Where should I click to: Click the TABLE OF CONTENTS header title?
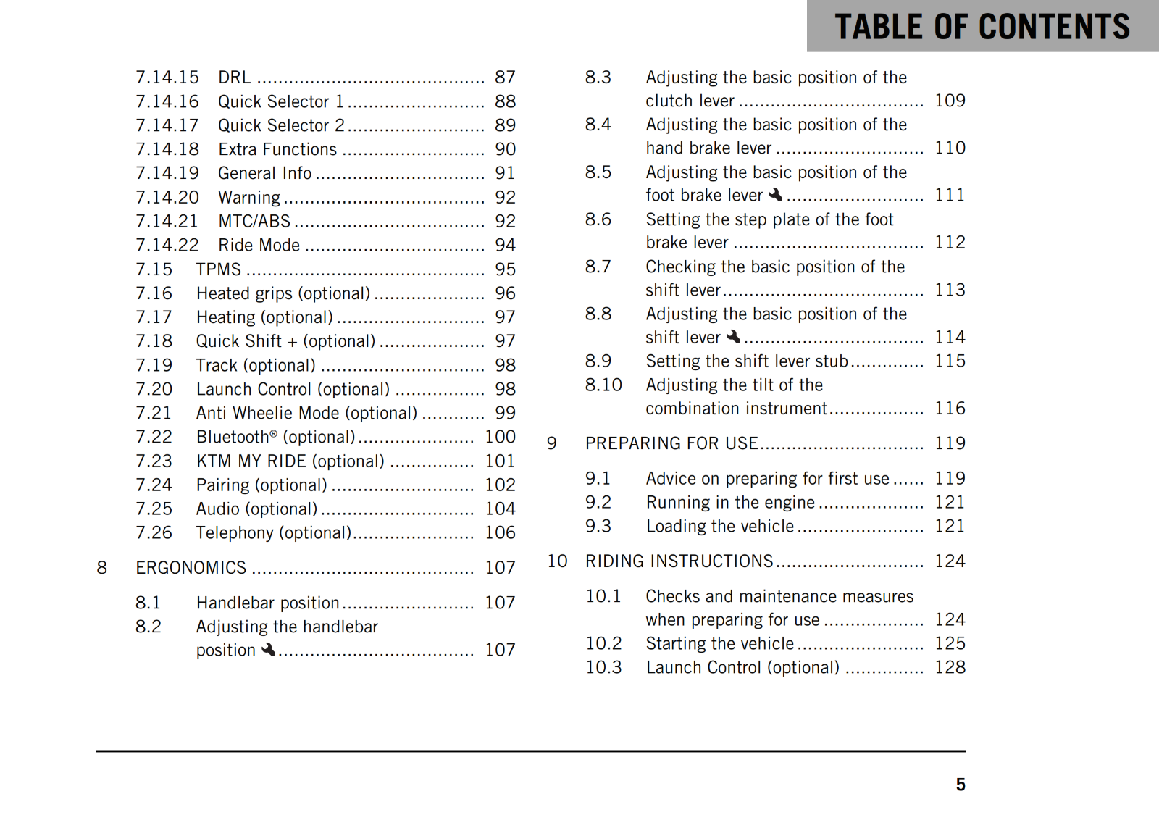982,27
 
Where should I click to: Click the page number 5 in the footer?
960,785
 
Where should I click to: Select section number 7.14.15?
167,78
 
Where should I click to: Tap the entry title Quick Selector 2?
281,125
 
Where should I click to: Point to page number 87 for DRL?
505,78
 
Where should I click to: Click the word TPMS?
219,269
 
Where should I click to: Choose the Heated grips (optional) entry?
283,293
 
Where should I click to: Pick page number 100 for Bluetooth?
500,437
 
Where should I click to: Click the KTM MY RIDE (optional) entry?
290,461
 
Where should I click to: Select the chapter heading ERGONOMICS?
191,568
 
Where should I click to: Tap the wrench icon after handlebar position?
269,650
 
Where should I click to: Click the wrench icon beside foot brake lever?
776,195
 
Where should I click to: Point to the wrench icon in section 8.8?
734,337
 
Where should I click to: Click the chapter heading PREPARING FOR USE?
671,443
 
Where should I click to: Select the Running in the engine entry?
730,503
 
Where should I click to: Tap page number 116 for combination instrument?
950,409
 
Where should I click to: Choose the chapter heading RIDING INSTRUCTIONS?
679,561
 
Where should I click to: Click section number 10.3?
603,667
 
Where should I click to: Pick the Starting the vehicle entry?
720,643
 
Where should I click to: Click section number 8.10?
603,385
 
